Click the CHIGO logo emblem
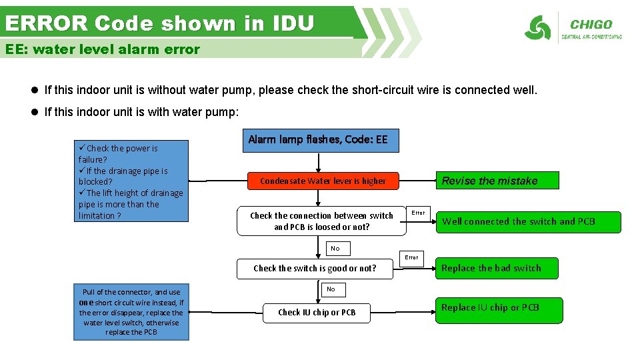(x=537, y=28)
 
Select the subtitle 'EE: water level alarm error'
(x=103, y=49)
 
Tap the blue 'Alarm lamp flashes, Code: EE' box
(x=317, y=140)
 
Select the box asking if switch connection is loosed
(x=321, y=221)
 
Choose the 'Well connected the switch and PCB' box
(x=527, y=221)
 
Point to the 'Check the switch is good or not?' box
(x=315, y=268)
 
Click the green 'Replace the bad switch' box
(x=497, y=268)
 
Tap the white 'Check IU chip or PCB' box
(x=317, y=312)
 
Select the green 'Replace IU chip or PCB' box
(x=498, y=309)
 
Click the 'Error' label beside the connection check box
(x=418, y=213)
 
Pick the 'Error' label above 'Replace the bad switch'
(x=412, y=257)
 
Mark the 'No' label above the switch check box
(x=335, y=249)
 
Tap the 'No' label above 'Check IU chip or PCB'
(x=331, y=289)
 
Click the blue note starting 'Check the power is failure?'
(x=132, y=181)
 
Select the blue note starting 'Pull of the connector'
(x=131, y=312)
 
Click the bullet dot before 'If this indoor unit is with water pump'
(x=35, y=112)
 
